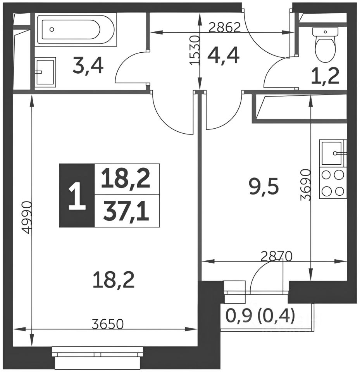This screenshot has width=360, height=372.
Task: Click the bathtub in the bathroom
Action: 76,29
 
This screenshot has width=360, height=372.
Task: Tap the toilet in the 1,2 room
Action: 325,45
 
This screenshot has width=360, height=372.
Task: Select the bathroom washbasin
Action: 46,72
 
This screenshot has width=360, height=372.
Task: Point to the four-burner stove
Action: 333,183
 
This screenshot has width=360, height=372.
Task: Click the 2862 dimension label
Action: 225,28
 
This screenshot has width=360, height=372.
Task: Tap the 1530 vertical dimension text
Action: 194,50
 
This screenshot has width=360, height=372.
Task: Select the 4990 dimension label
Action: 26,217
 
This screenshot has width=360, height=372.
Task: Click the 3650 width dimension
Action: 108,324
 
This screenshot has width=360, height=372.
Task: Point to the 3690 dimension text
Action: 305,184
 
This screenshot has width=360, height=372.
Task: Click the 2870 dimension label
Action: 276,256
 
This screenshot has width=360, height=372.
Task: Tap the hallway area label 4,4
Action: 223,55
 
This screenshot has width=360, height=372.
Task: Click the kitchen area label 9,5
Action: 264,186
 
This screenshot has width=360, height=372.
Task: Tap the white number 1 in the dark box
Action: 77,197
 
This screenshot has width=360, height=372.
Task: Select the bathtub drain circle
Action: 52,29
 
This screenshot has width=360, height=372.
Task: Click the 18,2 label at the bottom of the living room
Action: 114,280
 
